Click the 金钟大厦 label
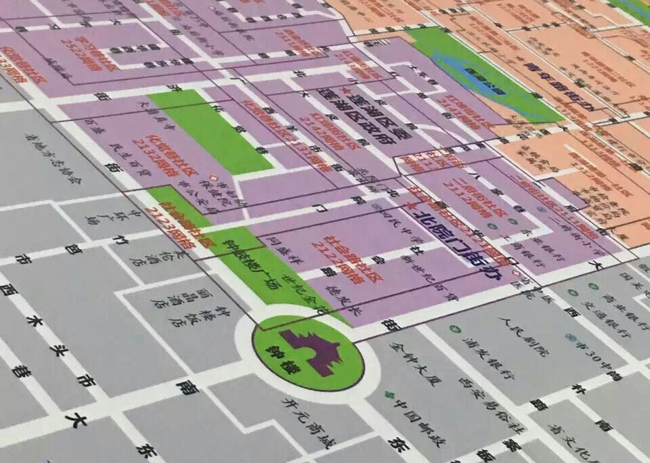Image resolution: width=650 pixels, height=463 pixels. pyautogui.click(x=404, y=359)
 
